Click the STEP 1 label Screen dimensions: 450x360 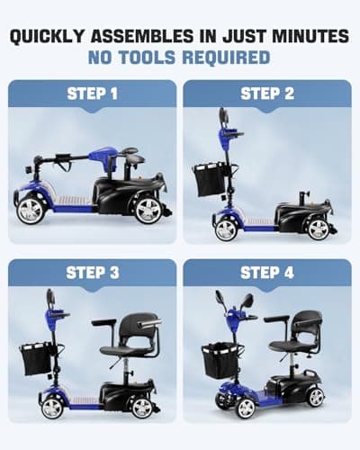coord(93,94)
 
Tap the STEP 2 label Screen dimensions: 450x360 coord(267,94)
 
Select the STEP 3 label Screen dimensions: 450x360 coord(93,272)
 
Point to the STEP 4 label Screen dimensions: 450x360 coord(267,272)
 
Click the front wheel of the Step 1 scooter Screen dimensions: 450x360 coord(30,210)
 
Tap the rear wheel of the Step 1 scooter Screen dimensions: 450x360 coord(148,210)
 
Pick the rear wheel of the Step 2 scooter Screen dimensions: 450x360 coord(317,228)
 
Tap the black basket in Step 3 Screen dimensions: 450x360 coord(38,357)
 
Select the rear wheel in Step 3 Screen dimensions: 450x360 coord(140,407)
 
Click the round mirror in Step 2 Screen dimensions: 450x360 coord(222,117)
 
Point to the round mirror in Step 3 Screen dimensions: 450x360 coord(50,297)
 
